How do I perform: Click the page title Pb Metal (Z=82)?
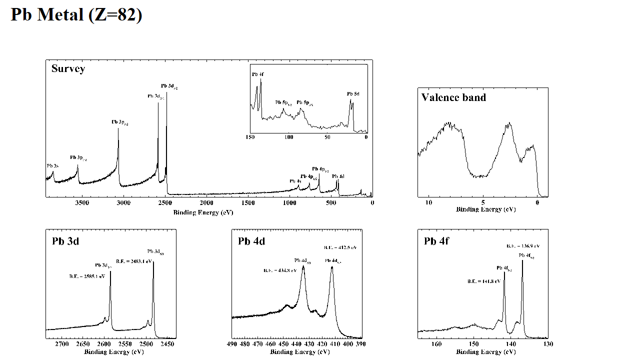[76, 14]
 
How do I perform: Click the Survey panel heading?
[68, 68]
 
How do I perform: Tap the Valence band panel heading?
[453, 97]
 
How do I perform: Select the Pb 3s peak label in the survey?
[52, 165]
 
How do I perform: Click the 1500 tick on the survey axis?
[248, 202]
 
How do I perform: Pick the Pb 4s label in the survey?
[295, 181]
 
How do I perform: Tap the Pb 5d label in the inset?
[353, 93]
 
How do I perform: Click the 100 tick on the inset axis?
[289, 137]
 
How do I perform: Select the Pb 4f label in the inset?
[258, 74]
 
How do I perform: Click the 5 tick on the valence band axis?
[483, 202]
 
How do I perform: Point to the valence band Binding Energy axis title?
[485, 209]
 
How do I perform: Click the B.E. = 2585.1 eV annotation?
[87, 276]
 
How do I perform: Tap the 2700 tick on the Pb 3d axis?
[62, 344]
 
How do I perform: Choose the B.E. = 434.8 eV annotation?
[280, 270]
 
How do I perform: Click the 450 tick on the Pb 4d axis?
[283, 344]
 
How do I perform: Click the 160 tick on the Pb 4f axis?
[436, 344]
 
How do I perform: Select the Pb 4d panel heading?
[251, 241]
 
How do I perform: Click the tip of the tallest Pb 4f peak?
[522, 260]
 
